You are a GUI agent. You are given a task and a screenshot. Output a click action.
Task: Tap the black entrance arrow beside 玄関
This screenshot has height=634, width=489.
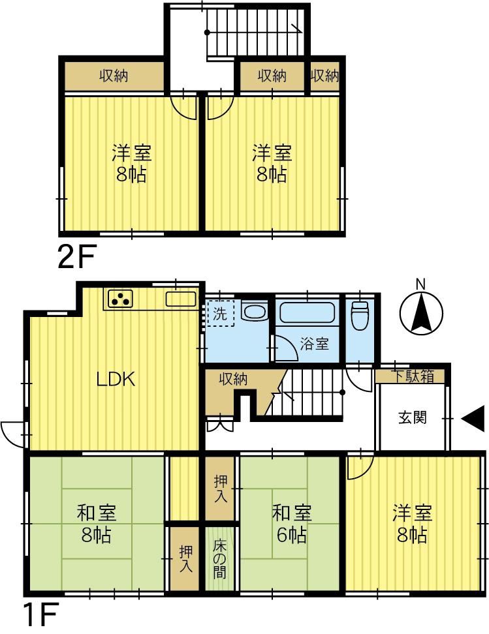point(473,418)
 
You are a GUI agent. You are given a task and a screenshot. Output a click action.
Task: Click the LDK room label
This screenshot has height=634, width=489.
point(116,379)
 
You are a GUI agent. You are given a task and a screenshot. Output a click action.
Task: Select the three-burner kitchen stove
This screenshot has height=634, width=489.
point(120,299)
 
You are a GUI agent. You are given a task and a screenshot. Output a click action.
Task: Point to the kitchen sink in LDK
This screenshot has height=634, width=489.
point(181,299)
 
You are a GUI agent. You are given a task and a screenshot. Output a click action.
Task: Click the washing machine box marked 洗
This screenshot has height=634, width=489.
point(221,313)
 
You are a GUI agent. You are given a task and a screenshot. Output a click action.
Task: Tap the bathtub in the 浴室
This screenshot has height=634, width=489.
point(308,311)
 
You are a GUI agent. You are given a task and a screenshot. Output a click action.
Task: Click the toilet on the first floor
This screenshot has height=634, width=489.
point(360,316)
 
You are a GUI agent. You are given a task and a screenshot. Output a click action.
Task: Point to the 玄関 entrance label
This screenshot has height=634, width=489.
point(413,417)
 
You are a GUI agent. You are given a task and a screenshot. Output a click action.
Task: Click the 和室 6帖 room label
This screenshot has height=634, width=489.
point(291,524)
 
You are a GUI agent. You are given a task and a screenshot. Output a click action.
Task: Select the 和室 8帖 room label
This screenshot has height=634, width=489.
point(97,524)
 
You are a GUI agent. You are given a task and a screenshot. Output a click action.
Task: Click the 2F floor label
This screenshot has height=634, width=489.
point(76,258)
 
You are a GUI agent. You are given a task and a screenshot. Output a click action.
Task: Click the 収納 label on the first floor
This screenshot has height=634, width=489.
point(234,379)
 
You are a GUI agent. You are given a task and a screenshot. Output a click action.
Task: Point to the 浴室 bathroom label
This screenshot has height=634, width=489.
point(315,344)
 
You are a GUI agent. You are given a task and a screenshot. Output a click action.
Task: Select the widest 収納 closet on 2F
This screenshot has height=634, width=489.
point(114,76)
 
